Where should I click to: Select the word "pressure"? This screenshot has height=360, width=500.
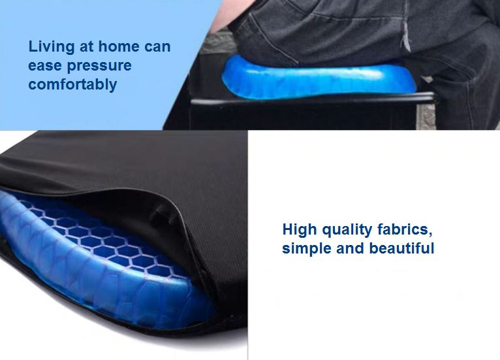tap(99, 67)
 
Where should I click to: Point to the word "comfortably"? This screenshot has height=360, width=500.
tap(72, 85)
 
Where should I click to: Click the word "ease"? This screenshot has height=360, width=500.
tap(45, 66)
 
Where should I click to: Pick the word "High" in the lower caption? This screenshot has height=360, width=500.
tap(300, 231)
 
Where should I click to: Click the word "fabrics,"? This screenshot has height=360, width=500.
tap(405, 230)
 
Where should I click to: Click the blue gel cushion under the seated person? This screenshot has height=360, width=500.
tap(319, 78)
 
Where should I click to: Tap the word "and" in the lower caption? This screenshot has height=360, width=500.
tap(350, 248)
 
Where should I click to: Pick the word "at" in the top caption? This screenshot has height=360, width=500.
tap(86, 47)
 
